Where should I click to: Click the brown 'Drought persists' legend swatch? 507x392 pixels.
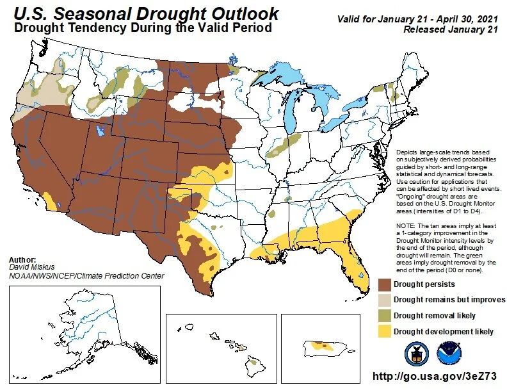[384, 284]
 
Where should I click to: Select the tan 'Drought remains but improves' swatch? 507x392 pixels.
[384, 300]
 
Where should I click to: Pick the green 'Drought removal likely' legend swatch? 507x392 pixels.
[384, 316]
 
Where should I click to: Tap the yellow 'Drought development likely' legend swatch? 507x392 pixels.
[384, 331]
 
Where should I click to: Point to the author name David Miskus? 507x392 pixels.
[32, 267]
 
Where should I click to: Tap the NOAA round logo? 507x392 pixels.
[448, 353]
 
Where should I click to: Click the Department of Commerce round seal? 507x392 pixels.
[416, 353]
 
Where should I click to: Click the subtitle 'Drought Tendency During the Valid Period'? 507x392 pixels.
[143, 28]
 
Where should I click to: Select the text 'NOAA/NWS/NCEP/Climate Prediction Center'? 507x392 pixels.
[86, 276]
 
